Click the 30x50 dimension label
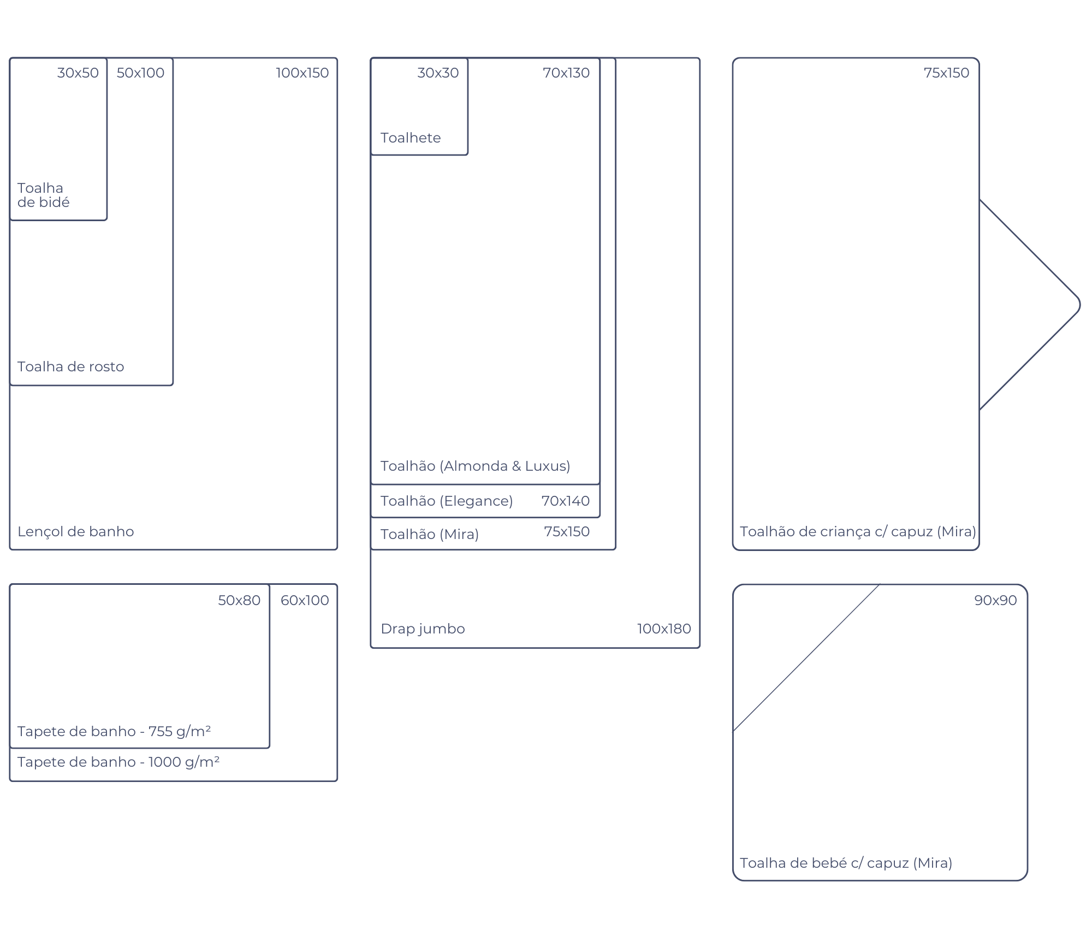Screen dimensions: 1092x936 pos(78,73)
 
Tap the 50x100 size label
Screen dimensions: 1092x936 pos(140,73)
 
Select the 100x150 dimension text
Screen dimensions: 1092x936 pos(302,73)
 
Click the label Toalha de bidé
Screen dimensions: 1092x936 pos(44,195)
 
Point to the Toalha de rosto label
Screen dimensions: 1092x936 pos(70,366)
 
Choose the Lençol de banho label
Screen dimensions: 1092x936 pos(75,532)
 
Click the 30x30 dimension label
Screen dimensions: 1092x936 pos(438,73)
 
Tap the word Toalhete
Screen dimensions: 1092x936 pos(411,138)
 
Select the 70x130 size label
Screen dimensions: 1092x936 pos(566,73)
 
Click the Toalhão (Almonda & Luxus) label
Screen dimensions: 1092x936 pos(475,466)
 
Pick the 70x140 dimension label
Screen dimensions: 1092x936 pos(566,501)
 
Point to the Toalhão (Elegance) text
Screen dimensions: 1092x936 pos(447,501)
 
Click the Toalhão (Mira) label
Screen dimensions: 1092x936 pos(430,534)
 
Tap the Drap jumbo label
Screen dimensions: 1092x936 pos(423,629)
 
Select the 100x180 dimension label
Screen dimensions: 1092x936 pos(664,629)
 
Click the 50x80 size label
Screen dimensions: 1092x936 pos(239,600)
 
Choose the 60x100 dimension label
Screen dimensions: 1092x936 pos(305,600)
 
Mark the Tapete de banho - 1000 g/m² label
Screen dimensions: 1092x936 pos(118,762)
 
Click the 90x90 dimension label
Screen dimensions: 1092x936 pos(995,600)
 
